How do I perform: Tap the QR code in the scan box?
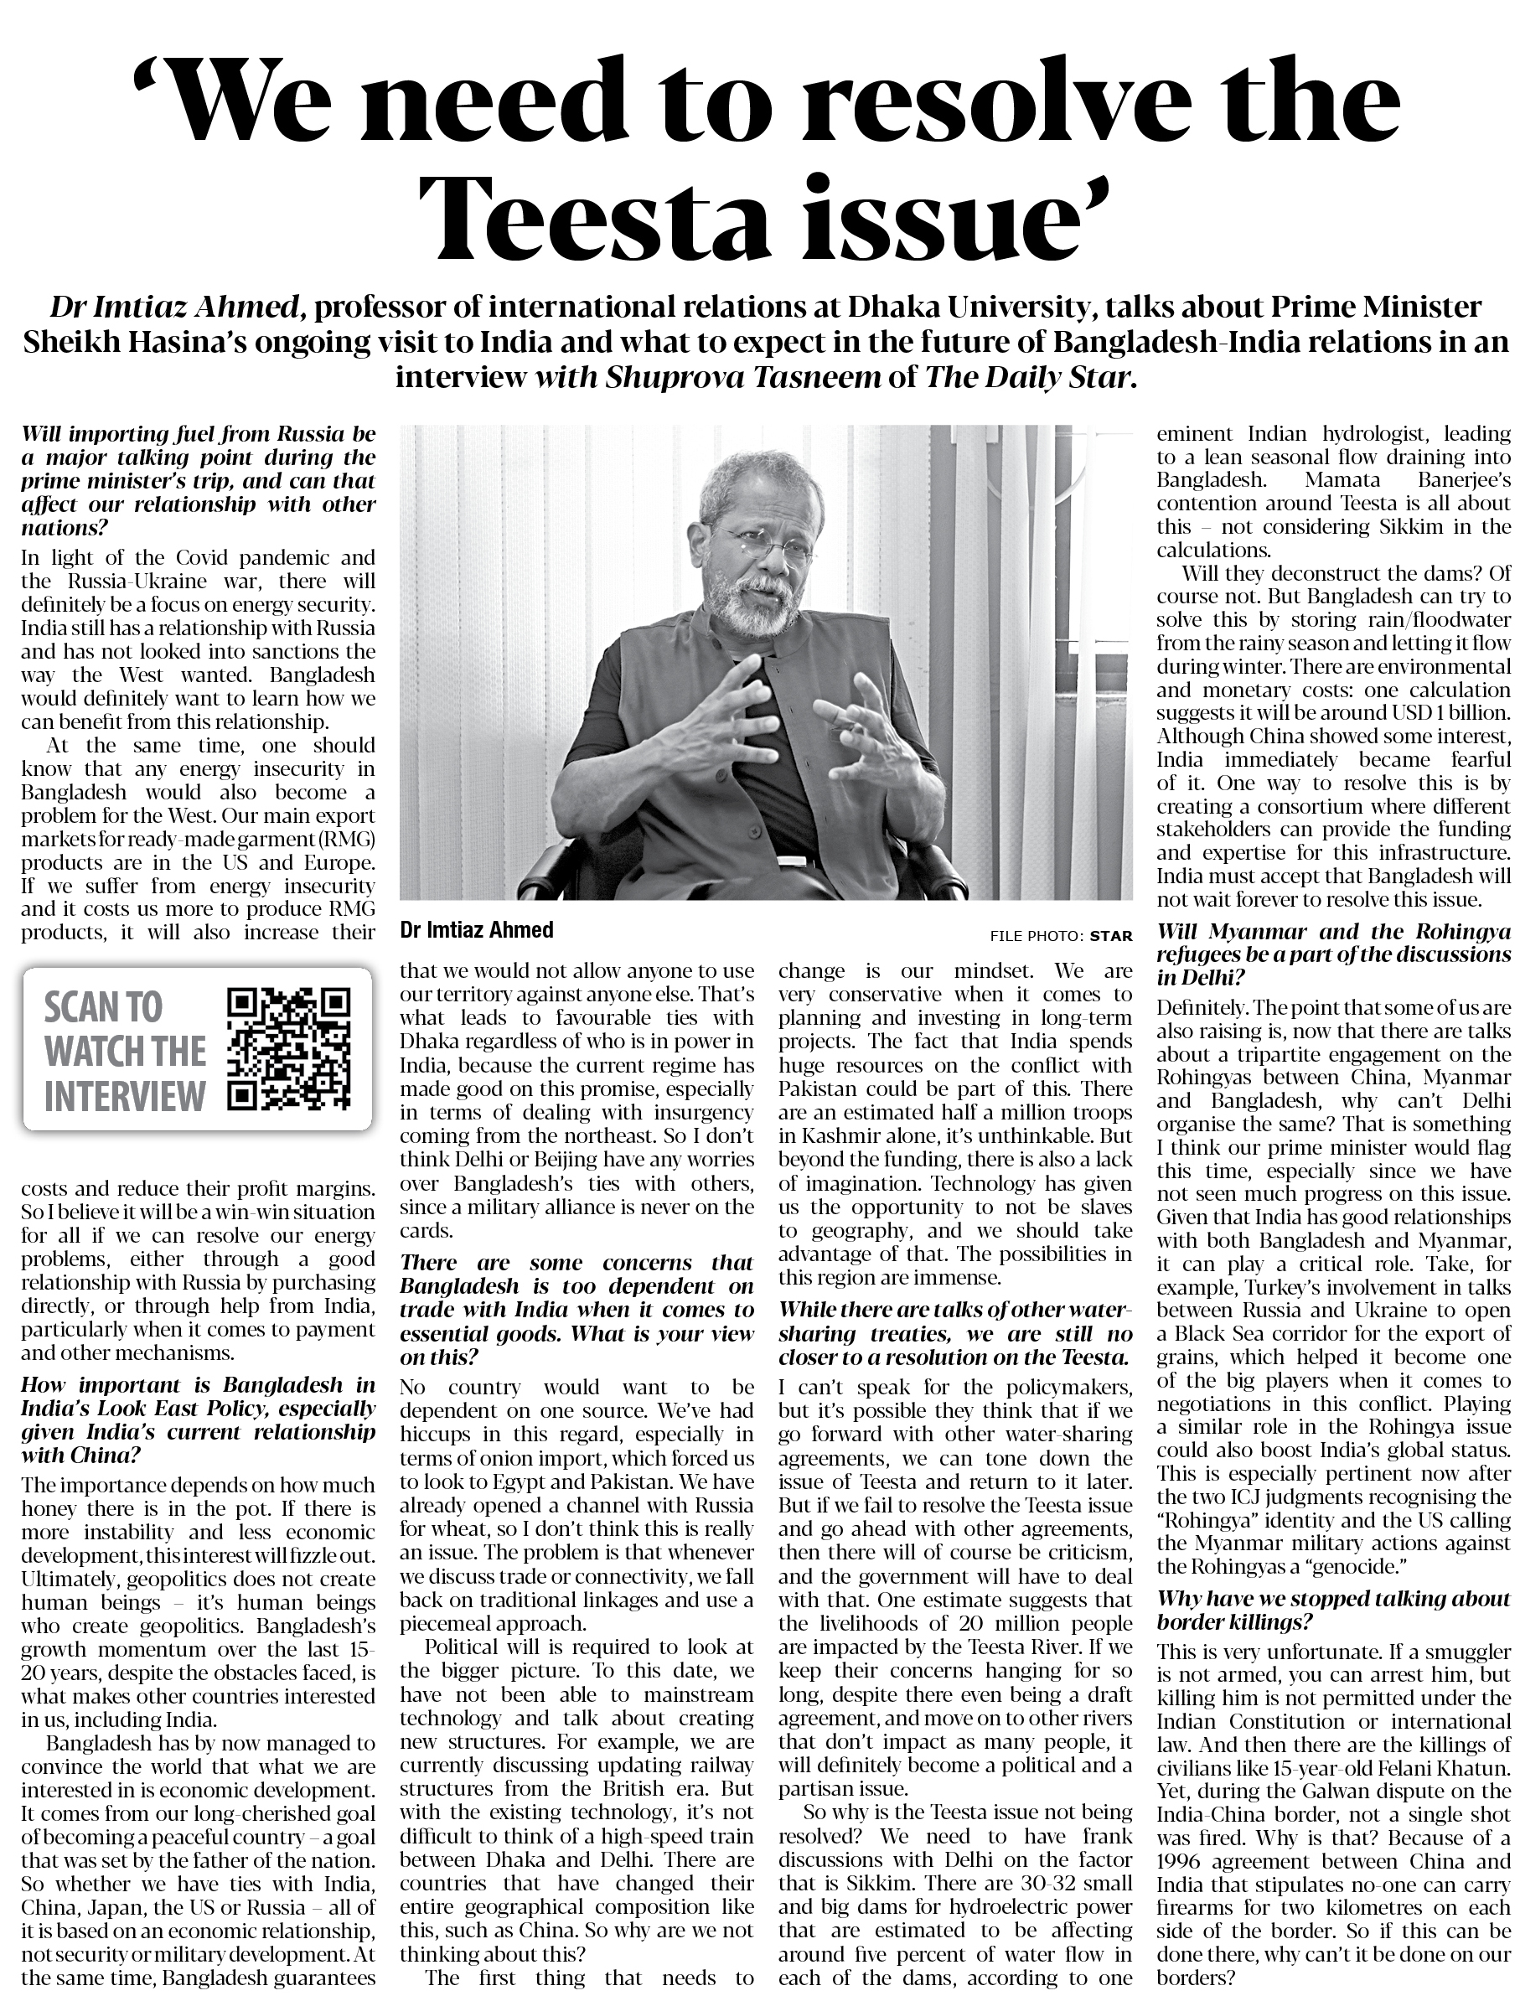pos(287,1049)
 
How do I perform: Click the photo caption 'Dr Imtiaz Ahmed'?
pos(476,930)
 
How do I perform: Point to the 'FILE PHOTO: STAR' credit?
pos(1060,935)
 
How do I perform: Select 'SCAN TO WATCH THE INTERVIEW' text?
pos(125,1051)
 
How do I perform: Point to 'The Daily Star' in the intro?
pos(1027,378)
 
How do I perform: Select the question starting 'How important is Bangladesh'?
pos(197,1420)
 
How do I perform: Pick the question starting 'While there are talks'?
pos(954,1333)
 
